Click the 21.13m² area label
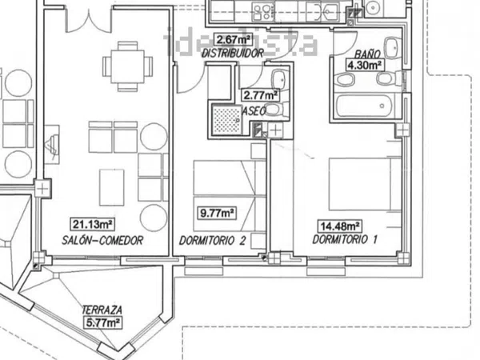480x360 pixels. coord(93,224)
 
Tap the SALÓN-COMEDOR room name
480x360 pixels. coord(102,240)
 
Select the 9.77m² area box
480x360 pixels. coord(217,213)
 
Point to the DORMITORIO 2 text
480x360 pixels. coord(212,241)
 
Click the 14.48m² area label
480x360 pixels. coord(340,226)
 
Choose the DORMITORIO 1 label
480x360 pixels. coord(345,239)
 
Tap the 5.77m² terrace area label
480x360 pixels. coord(103,322)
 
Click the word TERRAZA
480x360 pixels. coord(102,310)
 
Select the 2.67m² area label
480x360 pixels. coord(233,39)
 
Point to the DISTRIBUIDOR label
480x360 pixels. coord(233,54)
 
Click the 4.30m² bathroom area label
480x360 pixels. coord(365,66)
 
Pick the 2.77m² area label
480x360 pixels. coord(261,95)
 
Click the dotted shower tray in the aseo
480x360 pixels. coord(227,120)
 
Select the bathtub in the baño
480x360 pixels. coord(364,106)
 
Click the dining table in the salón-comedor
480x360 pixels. coord(128,66)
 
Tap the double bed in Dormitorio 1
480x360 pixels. coord(365,184)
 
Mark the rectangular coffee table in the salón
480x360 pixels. coord(112,188)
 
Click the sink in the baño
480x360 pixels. coord(392,48)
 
